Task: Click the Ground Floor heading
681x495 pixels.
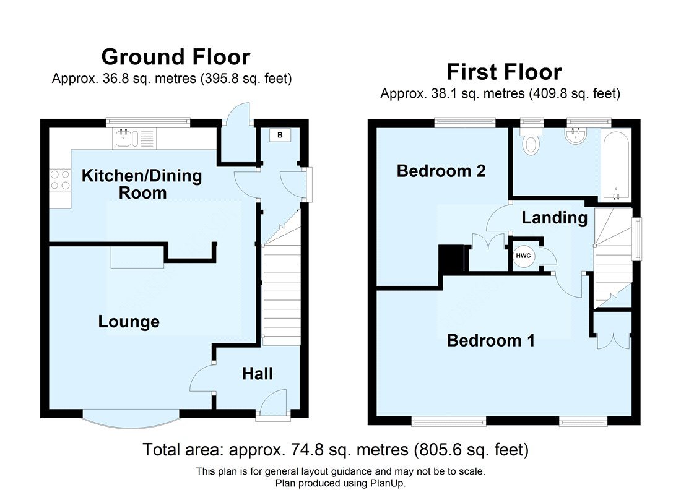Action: [175, 57]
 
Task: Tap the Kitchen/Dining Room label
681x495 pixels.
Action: [142, 184]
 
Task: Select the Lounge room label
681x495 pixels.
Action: [129, 322]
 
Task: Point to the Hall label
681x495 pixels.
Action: [258, 374]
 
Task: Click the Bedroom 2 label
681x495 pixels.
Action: [441, 171]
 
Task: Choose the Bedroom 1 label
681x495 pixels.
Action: [491, 340]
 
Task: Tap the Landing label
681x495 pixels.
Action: [554, 217]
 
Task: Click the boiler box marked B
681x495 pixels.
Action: [280, 136]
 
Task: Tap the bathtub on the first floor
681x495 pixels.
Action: [615, 164]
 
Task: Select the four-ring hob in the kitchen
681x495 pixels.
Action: [60, 180]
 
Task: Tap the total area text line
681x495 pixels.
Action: [336, 449]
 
